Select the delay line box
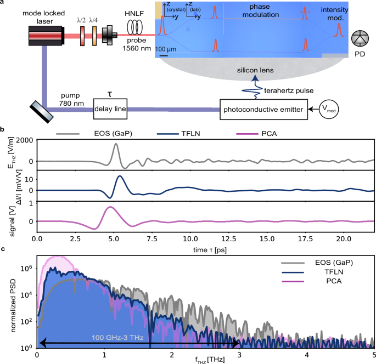pyautogui.click(x=110, y=109)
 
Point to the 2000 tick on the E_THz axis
pyautogui.click(x=25, y=141)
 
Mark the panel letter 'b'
pyautogui.click(x=3, y=130)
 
